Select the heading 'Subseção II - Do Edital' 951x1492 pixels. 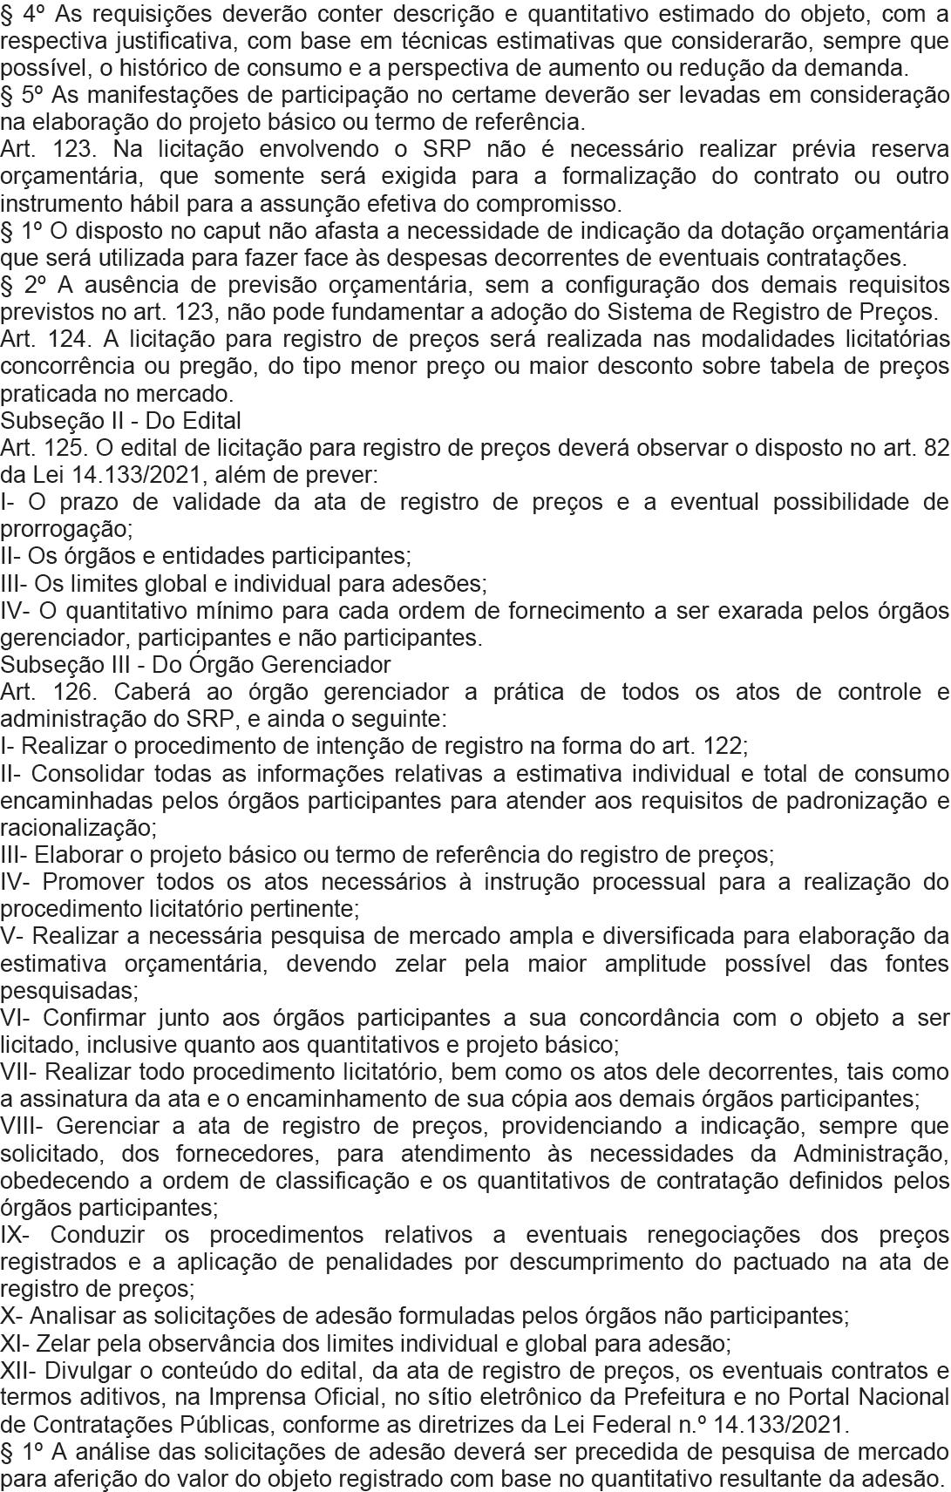(x=121, y=420)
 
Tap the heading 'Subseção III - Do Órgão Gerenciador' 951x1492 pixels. (x=196, y=665)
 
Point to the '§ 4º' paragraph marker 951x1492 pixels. (x=19, y=13)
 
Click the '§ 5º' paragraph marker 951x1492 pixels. (x=19, y=95)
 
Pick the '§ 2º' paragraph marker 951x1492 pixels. (x=19, y=284)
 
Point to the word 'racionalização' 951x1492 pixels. (x=76, y=827)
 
